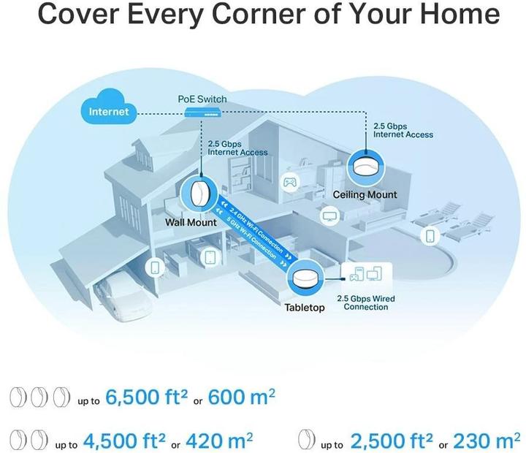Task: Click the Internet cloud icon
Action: pos(109,107)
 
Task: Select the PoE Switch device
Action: pos(202,112)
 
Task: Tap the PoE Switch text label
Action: pos(202,99)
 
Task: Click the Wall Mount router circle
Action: pos(199,194)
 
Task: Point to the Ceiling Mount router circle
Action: pos(366,167)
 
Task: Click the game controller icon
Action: pos(289,182)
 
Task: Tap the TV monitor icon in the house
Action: pos(329,216)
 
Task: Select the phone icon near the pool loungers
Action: pos(430,235)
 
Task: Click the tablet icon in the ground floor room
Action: pos(210,257)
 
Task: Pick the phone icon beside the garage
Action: pos(155,267)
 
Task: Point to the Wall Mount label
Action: pos(191,222)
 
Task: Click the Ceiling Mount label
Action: pos(365,194)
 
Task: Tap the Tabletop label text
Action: pos(305,308)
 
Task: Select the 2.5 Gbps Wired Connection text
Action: pos(366,302)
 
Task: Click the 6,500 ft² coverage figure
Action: pos(147,397)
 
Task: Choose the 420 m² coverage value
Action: pos(219,441)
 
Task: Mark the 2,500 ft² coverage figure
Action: pos(392,441)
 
